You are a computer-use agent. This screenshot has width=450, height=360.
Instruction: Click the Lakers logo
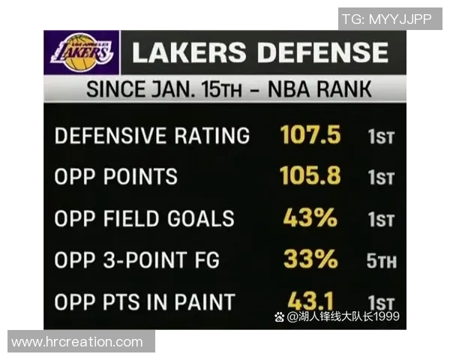point(82,52)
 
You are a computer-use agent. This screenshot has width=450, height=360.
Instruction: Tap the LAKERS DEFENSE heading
point(260,52)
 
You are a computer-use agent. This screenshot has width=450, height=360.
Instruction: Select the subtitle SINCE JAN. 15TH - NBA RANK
point(229,89)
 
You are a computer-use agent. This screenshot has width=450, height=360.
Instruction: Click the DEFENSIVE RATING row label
point(152,136)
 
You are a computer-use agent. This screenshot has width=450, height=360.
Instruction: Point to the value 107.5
point(310,136)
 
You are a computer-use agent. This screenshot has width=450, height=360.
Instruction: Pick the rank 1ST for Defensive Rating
point(381,137)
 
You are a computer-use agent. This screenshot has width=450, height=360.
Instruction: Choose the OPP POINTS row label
point(116,177)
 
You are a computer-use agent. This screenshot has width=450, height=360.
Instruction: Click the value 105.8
point(310,176)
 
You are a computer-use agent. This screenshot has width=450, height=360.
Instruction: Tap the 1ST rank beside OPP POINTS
point(381,178)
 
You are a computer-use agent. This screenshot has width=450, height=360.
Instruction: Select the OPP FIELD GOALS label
point(145,219)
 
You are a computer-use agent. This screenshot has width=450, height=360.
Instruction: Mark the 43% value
point(310,218)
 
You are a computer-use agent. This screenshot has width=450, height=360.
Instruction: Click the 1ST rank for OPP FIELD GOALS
point(381,220)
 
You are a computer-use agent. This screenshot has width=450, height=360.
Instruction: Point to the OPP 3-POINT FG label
point(137,260)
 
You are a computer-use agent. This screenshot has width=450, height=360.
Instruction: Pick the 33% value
point(310,259)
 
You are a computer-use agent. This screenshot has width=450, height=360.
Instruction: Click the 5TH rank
point(382,262)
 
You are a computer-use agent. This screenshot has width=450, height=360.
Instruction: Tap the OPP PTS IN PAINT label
point(145,302)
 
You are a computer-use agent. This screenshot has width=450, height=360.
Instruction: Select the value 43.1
point(310,301)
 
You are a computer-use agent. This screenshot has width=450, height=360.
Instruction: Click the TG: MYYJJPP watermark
point(386,19)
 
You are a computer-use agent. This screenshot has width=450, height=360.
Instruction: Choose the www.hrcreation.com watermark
point(77,342)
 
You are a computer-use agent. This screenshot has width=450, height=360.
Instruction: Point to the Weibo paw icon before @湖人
point(280,317)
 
